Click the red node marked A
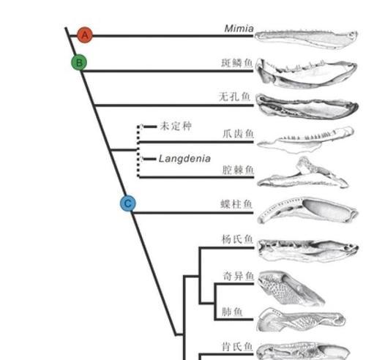click(x=85, y=35)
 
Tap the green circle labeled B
click(x=79, y=62)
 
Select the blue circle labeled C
click(x=128, y=203)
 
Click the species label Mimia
click(x=239, y=29)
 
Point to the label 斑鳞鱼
click(x=236, y=63)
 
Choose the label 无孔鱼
click(x=234, y=97)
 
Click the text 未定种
click(x=176, y=126)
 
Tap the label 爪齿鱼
click(x=238, y=134)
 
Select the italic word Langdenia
click(x=184, y=159)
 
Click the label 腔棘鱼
click(x=238, y=170)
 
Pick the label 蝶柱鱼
click(x=236, y=204)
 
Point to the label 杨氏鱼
click(x=237, y=239)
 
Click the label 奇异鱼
click(x=239, y=277)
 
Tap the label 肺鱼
click(x=232, y=312)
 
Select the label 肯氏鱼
click(x=237, y=347)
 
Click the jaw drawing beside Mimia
click(x=306, y=39)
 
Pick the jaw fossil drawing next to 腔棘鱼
click(x=303, y=173)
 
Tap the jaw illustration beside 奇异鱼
click(x=291, y=288)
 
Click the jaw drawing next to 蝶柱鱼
click(x=308, y=210)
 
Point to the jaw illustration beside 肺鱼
click(x=301, y=320)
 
